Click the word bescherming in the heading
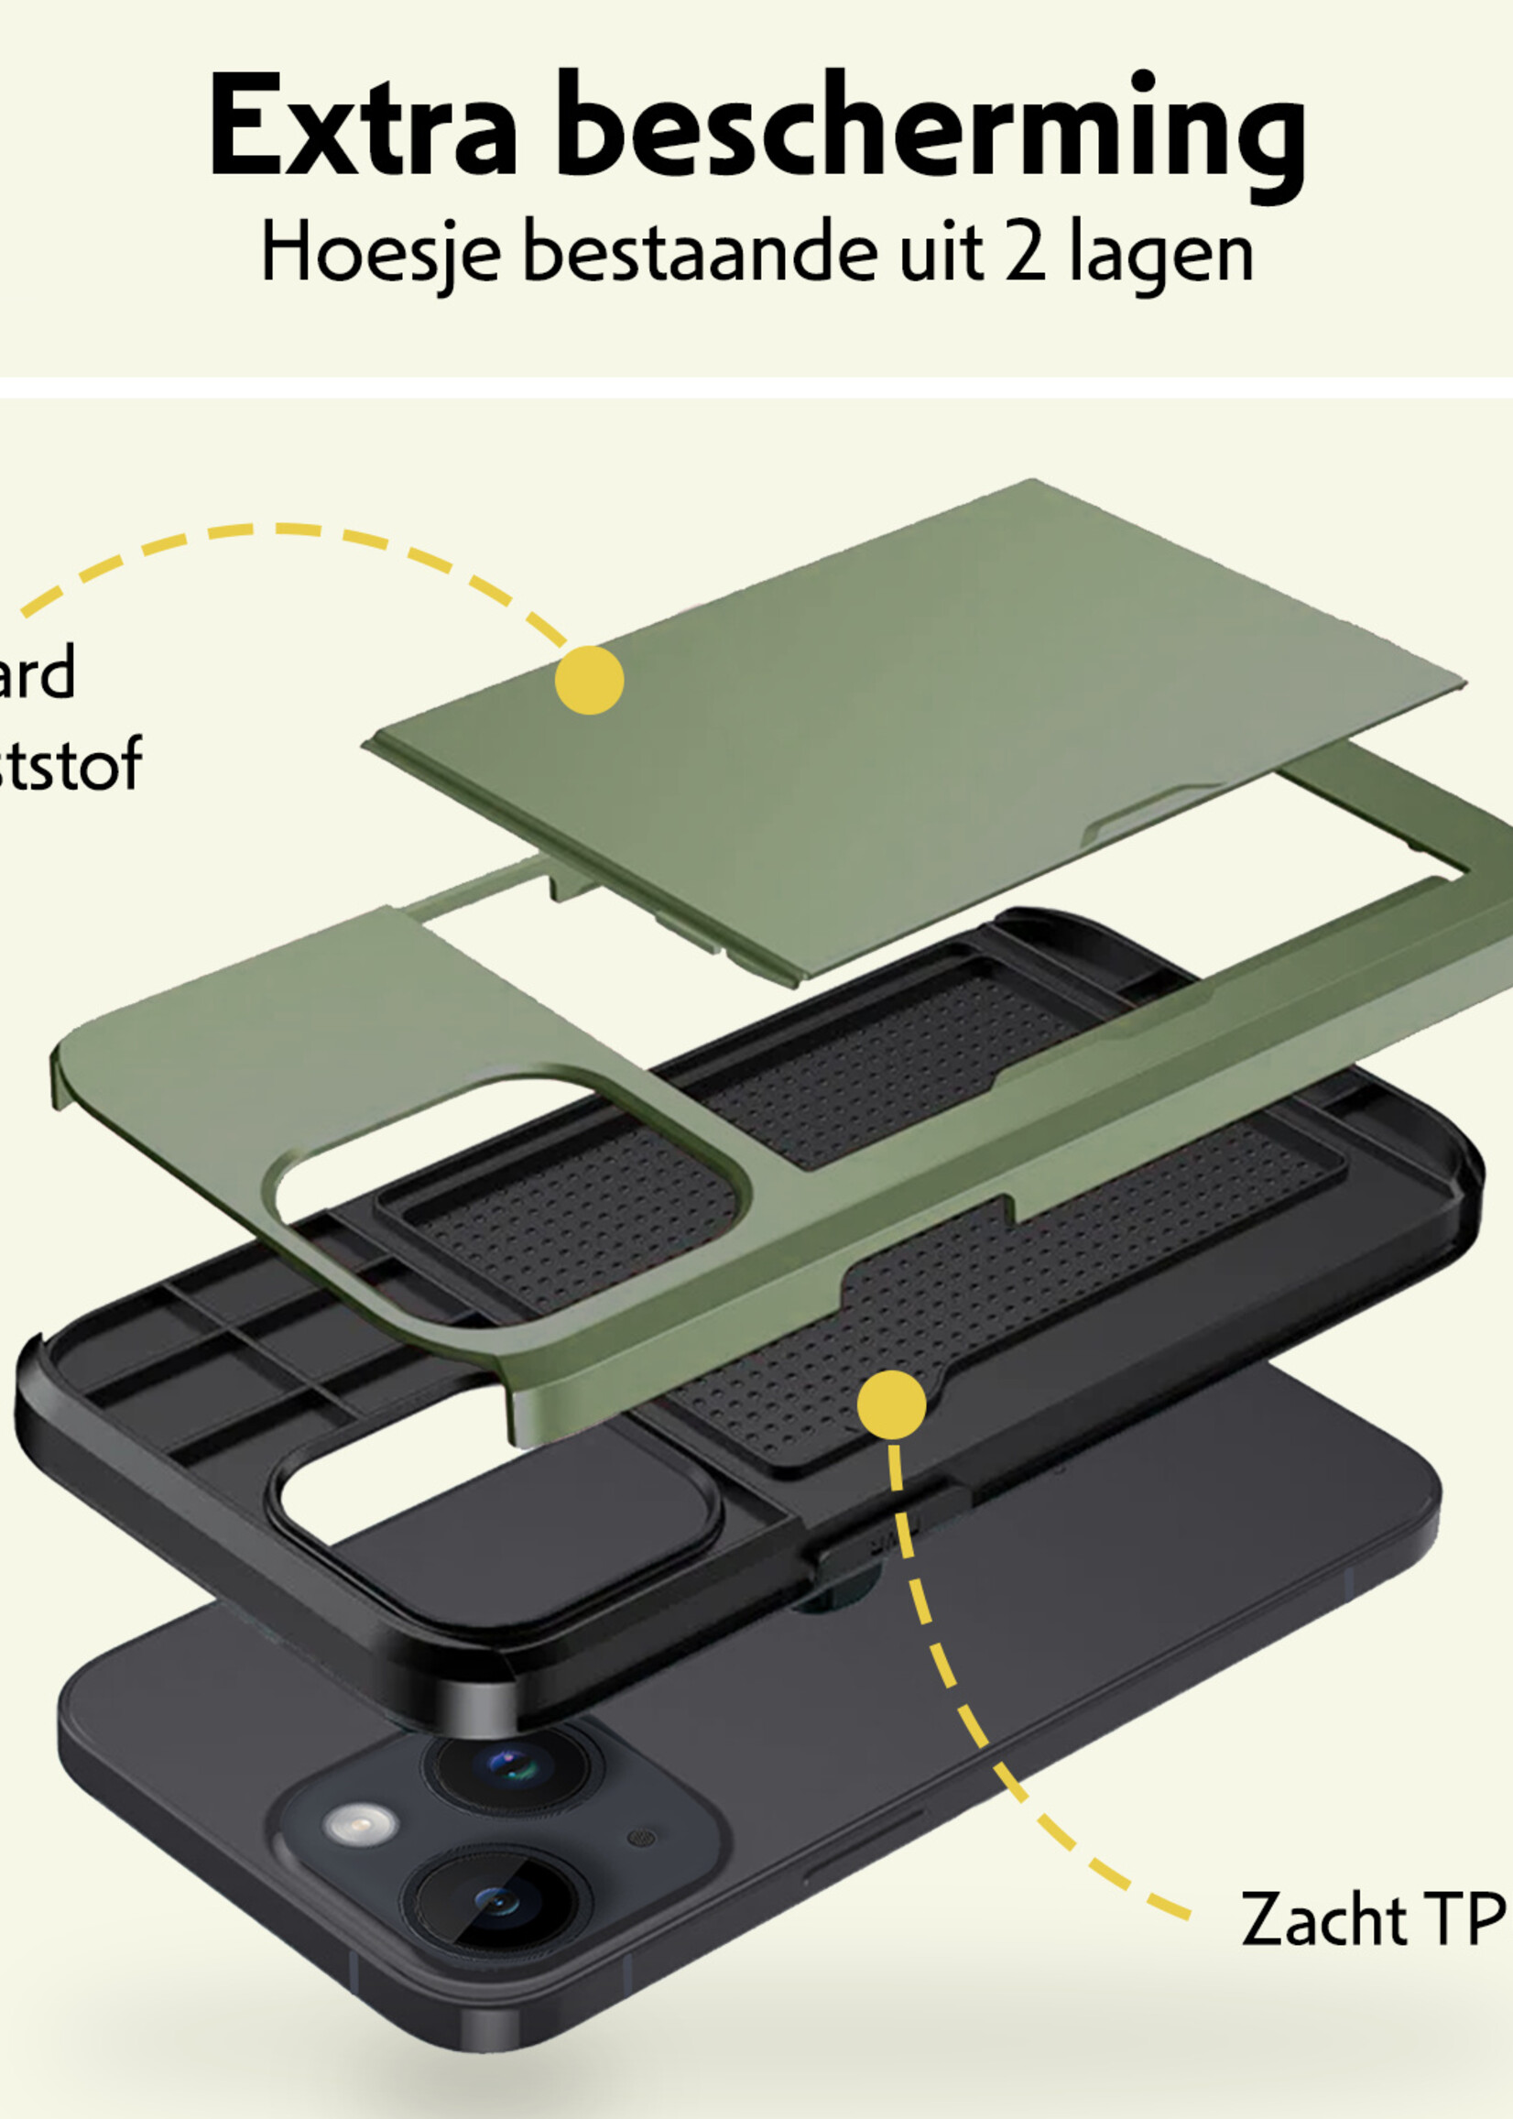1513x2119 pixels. click(931, 130)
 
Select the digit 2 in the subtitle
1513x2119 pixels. click(1025, 252)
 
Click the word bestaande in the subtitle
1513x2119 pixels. click(700, 252)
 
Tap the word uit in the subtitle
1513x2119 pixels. click(940, 252)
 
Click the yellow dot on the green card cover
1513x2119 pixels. click(589, 680)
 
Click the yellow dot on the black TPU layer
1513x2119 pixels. click(892, 1404)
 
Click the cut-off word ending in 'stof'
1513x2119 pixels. click(70, 764)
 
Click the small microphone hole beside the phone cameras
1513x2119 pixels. click(641, 1839)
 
